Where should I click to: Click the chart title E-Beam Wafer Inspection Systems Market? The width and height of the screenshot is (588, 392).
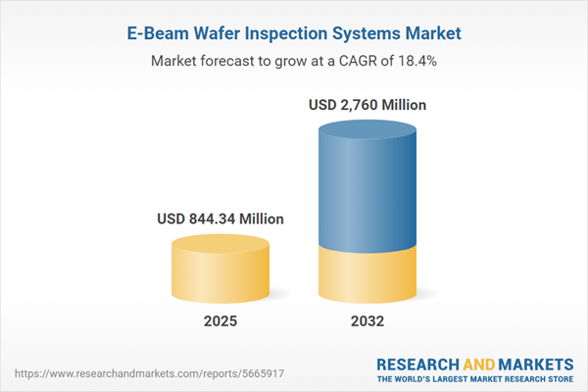[294, 33]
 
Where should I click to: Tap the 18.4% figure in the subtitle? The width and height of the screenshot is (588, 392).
[416, 61]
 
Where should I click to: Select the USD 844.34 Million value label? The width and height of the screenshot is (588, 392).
[220, 220]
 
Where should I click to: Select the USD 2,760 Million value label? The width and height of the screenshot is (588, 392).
[368, 104]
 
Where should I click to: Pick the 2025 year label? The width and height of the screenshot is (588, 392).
[220, 320]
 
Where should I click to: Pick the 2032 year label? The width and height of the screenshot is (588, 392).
[368, 320]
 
